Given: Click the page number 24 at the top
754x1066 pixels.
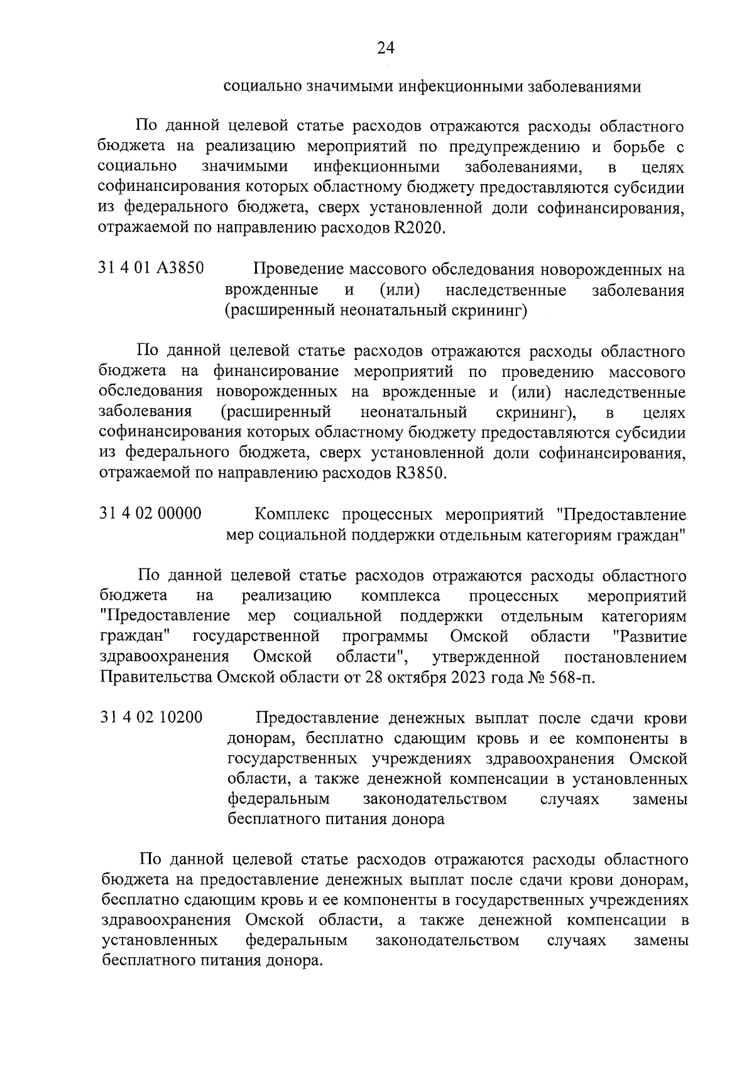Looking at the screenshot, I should pos(385,48).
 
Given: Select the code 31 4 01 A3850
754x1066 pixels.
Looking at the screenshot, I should pos(151,268).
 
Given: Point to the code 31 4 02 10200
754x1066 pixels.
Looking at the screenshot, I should pos(151,717).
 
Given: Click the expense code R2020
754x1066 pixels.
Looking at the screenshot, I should pos(418,227).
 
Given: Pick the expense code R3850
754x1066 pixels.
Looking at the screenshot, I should pos(418,472).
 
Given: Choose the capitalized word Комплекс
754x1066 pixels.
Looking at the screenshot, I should pos(292,514).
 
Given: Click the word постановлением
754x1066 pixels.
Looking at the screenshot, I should pos(625,657).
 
